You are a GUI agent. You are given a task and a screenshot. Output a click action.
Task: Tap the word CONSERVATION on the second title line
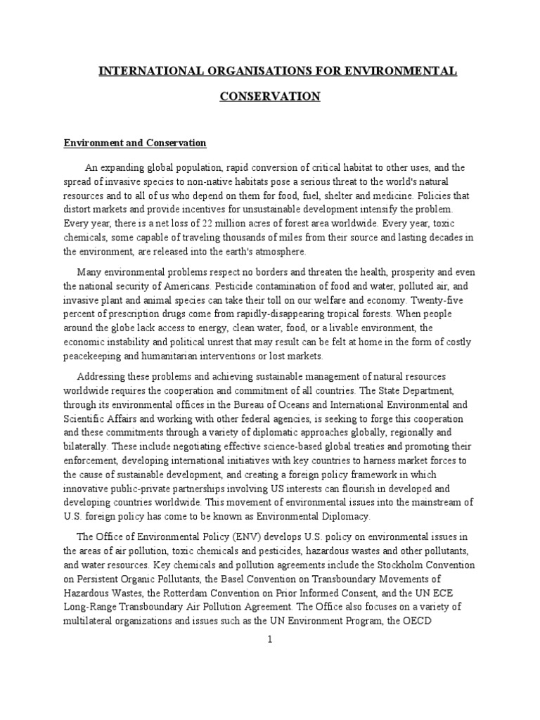[269, 96]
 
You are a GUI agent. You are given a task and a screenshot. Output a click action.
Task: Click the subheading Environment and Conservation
[135, 143]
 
